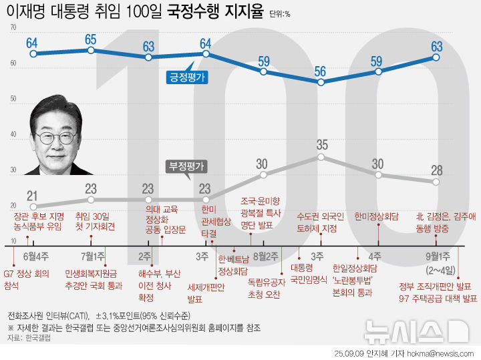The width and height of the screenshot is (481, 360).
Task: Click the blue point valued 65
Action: coord(91,50)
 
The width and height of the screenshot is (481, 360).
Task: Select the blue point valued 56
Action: coord(321,82)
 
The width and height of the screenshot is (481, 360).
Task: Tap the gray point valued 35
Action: coord(321,157)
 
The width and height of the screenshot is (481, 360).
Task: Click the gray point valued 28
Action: coord(436,182)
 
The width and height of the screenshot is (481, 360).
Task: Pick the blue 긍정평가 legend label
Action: coord(186,77)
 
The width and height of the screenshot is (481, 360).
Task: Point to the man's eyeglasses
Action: coord(56,138)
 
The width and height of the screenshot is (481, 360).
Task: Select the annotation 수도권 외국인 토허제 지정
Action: coord(321,222)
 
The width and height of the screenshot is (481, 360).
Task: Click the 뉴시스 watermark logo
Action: coord(414,331)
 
